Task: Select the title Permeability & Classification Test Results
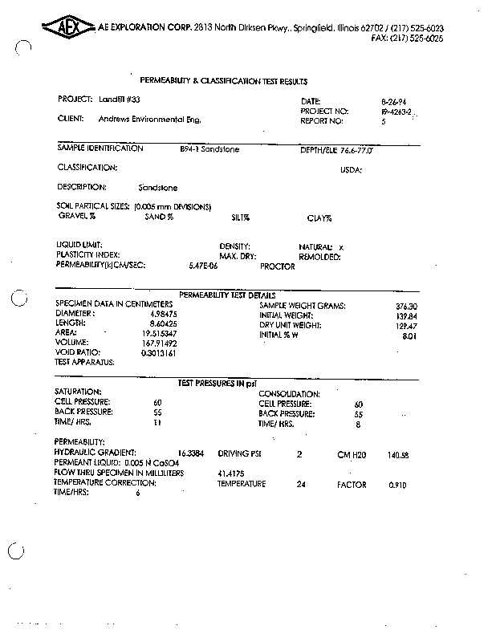[x=224, y=82]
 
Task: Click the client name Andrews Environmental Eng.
[x=149, y=120]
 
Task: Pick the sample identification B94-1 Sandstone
[x=209, y=149]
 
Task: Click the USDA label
[x=352, y=170]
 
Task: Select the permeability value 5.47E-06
[x=202, y=265]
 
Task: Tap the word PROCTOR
[x=278, y=266]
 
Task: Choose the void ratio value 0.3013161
[x=159, y=352]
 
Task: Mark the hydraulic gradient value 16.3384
[x=193, y=453]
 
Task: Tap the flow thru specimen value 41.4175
[x=231, y=473]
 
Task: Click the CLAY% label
[x=319, y=217]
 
